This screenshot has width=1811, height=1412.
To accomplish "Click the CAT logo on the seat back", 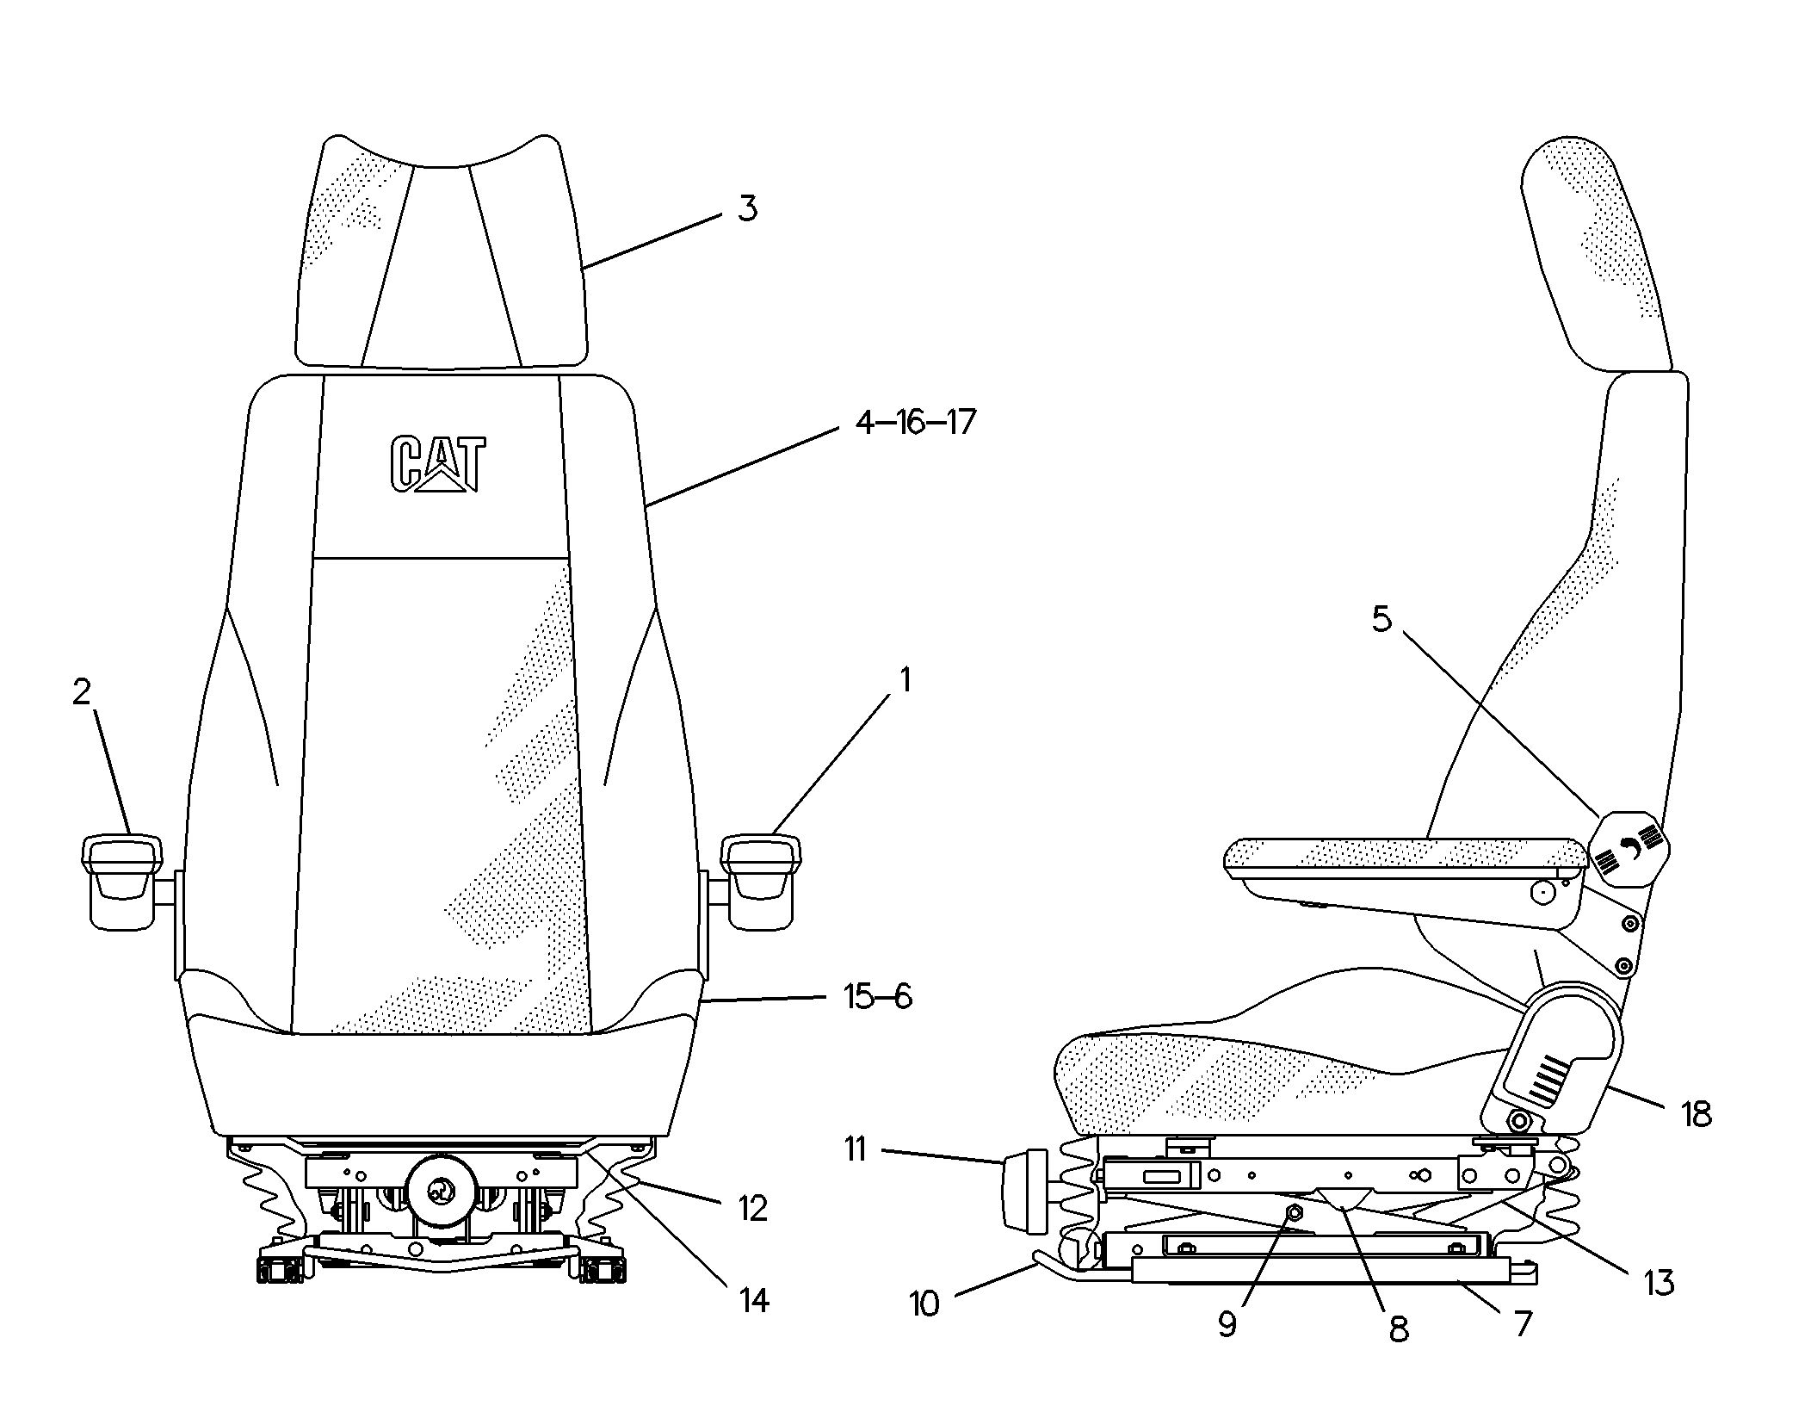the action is point(437,464).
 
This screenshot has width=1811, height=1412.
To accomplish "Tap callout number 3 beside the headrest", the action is point(747,208).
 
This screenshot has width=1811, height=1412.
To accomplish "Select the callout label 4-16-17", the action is point(916,423).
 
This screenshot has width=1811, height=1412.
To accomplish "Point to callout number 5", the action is point(1381,619).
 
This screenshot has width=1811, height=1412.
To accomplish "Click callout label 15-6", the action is point(877,996).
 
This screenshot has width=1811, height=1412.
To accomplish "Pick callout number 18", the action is point(1697,1115).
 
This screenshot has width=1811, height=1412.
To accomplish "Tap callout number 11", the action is point(855,1149).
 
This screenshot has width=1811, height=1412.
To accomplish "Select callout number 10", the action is point(924,1304).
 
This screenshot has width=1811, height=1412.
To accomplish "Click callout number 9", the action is point(1227,1324).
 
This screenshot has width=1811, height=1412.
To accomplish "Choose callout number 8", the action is point(1399,1330).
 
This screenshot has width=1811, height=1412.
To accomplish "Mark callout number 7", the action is point(1524,1323).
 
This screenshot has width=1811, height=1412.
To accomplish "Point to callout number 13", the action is point(1659,1283).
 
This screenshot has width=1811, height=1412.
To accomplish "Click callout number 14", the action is point(753,1300).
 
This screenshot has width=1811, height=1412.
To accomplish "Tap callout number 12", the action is point(752,1209).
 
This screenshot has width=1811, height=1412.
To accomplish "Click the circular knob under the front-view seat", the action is point(442,1192).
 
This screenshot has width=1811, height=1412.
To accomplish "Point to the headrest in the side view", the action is point(1595,254).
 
